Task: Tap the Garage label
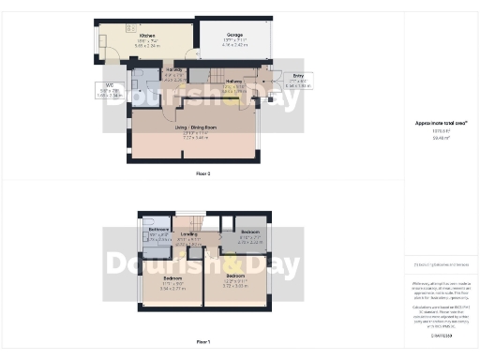(233, 35)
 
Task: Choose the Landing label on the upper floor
(188, 234)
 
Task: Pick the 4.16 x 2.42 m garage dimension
(233, 45)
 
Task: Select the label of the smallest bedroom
(249, 232)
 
